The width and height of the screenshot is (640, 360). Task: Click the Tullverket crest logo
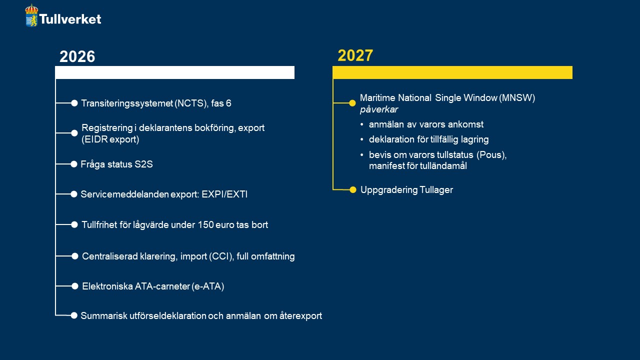[31, 15]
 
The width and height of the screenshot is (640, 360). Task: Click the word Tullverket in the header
[70, 19]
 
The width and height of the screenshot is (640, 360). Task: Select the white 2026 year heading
[77, 56]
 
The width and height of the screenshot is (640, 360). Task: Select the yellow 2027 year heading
[355, 55]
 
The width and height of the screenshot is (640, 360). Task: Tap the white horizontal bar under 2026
[175, 72]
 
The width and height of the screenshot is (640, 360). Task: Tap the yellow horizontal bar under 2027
[452, 72]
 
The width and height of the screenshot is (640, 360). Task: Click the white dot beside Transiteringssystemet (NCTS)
[74, 103]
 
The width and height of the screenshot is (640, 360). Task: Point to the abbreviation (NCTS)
[190, 103]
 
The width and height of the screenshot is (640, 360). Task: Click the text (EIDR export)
[110, 139]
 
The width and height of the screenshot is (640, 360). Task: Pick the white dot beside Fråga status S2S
[73, 164]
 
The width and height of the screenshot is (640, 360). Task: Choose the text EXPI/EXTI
[224, 194]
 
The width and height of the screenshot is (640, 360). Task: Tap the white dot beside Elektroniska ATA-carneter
[75, 286]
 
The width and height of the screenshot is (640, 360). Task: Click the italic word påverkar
[379, 109]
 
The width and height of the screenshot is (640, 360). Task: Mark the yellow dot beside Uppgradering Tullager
[353, 189]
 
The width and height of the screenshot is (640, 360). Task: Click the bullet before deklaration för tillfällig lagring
[362, 139]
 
